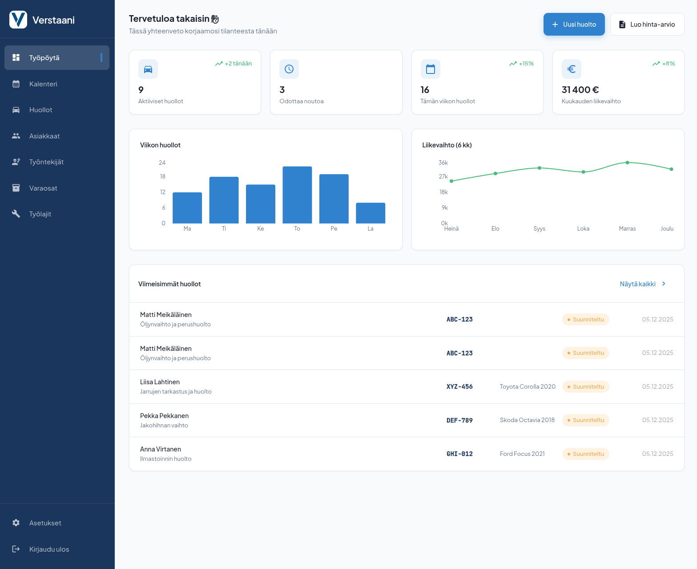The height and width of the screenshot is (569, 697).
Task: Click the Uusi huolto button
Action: coord(574,24)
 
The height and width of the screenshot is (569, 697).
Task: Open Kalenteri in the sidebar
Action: coord(43,84)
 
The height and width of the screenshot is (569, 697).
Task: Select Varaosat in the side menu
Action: coord(43,188)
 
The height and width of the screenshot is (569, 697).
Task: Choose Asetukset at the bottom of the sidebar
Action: coord(45,523)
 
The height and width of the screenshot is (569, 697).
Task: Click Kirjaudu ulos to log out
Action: coord(49,549)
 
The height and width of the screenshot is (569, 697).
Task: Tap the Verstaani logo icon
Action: coord(18,20)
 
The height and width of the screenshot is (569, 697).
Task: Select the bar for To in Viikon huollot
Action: coord(297,195)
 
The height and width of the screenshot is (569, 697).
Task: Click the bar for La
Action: coord(371,213)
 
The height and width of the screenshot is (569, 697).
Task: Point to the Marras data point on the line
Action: coord(627,163)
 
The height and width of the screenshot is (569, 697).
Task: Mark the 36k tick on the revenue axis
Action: coord(443,163)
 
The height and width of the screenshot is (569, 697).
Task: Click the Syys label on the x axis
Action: coord(539,229)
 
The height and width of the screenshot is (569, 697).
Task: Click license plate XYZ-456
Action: coord(459,387)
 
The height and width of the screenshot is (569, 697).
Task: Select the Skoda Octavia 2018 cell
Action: coord(527,420)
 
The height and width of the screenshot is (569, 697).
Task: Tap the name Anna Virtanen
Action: coord(161,449)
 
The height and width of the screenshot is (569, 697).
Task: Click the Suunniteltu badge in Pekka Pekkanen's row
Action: coord(585,420)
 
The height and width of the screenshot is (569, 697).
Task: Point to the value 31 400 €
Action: coord(580,90)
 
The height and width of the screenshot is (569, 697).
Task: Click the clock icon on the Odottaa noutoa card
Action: coord(289,69)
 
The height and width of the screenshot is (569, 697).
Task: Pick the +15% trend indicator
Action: coord(521,64)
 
